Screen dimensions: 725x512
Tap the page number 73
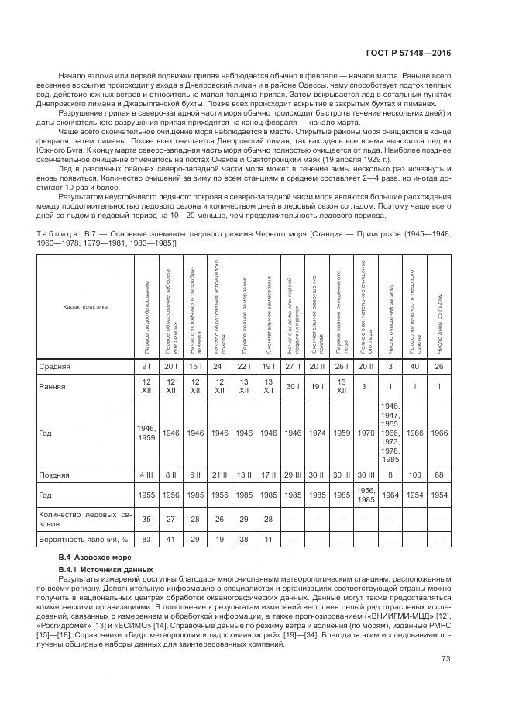pos(445,659)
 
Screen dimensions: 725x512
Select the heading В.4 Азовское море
pos(85,558)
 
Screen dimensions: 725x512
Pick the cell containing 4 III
pos(145,473)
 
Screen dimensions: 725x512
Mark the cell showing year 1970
pos(367,433)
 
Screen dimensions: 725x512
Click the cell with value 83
pos(145,538)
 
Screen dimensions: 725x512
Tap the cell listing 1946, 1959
pos(145,433)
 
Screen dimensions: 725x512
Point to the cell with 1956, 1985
pos(367,494)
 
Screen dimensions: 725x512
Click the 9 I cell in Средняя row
pos(145,366)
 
